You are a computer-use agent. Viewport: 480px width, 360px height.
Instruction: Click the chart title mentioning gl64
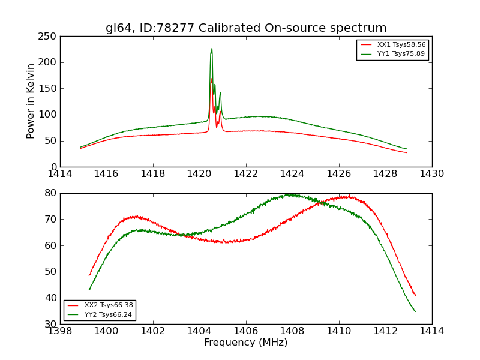point(246,28)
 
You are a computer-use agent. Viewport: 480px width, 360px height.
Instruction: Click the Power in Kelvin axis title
point(31,101)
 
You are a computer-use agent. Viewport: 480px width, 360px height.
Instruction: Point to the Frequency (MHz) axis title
point(246,343)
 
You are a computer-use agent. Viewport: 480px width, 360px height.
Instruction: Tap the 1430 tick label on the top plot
point(431,174)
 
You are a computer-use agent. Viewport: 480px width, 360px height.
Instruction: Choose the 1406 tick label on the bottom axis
point(246,331)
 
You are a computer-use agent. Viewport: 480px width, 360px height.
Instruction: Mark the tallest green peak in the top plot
point(212,49)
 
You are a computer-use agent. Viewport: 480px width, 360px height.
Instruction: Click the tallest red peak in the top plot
point(212,79)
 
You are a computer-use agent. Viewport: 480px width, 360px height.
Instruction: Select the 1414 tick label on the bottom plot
point(431,331)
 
